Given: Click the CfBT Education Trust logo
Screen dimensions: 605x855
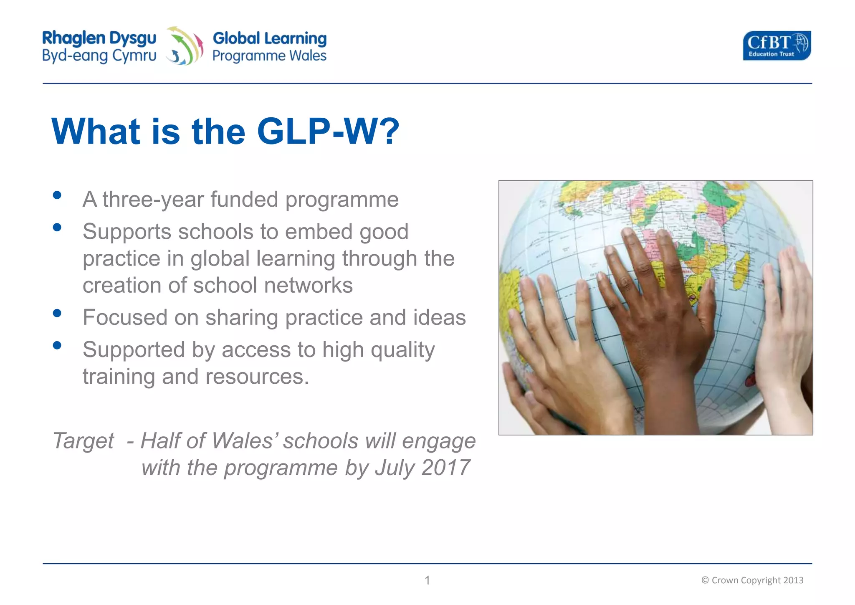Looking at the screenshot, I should coord(777,46).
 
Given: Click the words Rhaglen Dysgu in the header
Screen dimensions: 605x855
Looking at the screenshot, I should coord(99,38).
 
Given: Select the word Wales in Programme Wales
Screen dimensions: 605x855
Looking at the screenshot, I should coord(308,56).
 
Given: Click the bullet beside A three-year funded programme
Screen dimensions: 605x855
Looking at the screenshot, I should coord(57,195).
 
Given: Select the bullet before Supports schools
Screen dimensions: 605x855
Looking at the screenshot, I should coord(57,228).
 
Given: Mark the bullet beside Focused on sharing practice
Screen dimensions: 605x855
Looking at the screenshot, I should coord(57,313).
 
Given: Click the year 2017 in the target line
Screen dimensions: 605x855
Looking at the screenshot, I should coord(445,468).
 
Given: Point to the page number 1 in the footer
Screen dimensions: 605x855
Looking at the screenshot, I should coord(427,580).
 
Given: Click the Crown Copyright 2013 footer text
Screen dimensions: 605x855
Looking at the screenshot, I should coord(752,580).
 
